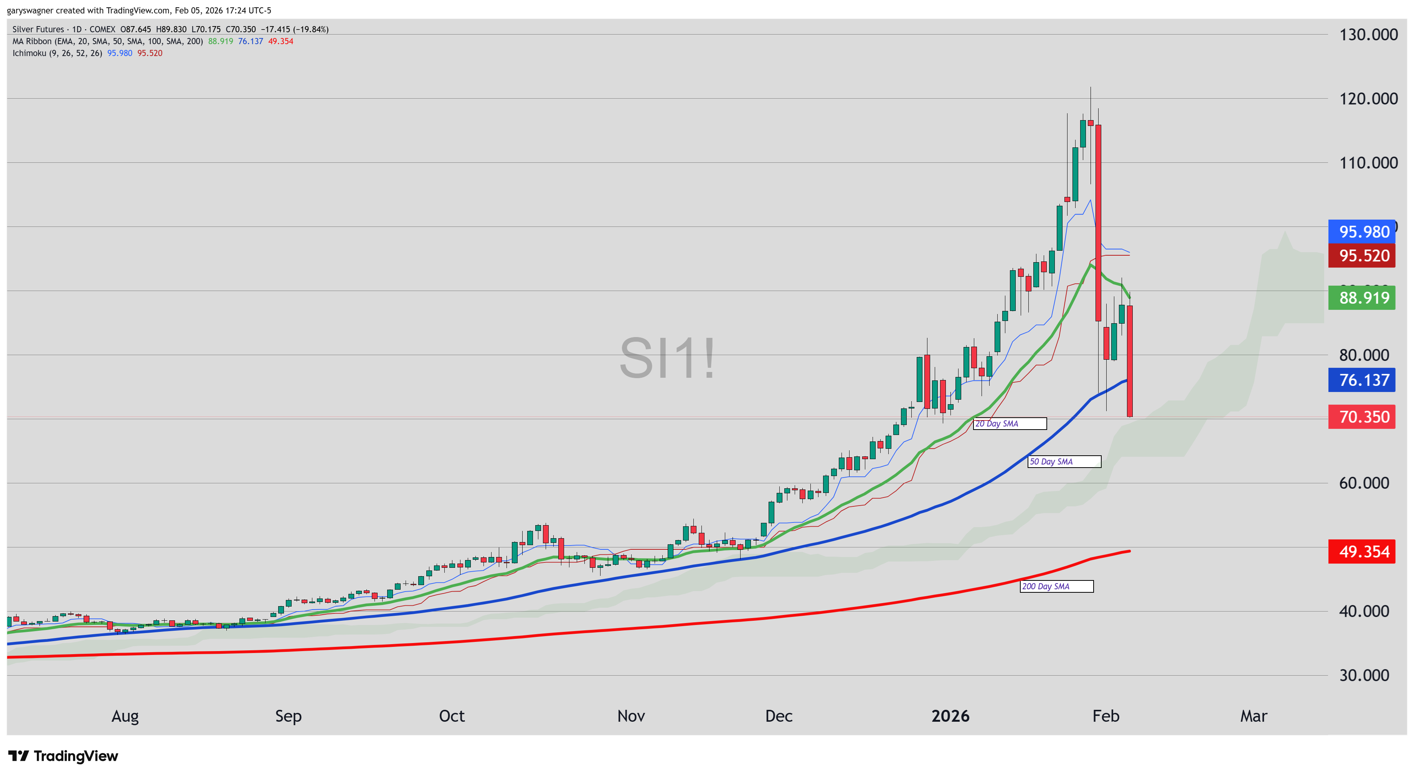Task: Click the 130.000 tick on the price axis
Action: click(x=1368, y=35)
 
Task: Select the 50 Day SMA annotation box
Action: click(x=1063, y=462)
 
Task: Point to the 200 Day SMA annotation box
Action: click(x=1056, y=587)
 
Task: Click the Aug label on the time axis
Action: click(x=125, y=716)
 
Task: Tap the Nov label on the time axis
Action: click(x=631, y=716)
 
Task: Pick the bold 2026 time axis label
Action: click(x=950, y=716)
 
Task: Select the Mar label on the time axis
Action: click(x=1253, y=716)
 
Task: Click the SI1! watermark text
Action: click(x=667, y=358)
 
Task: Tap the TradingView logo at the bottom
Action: click(x=63, y=756)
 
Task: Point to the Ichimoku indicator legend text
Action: click(x=57, y=53)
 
